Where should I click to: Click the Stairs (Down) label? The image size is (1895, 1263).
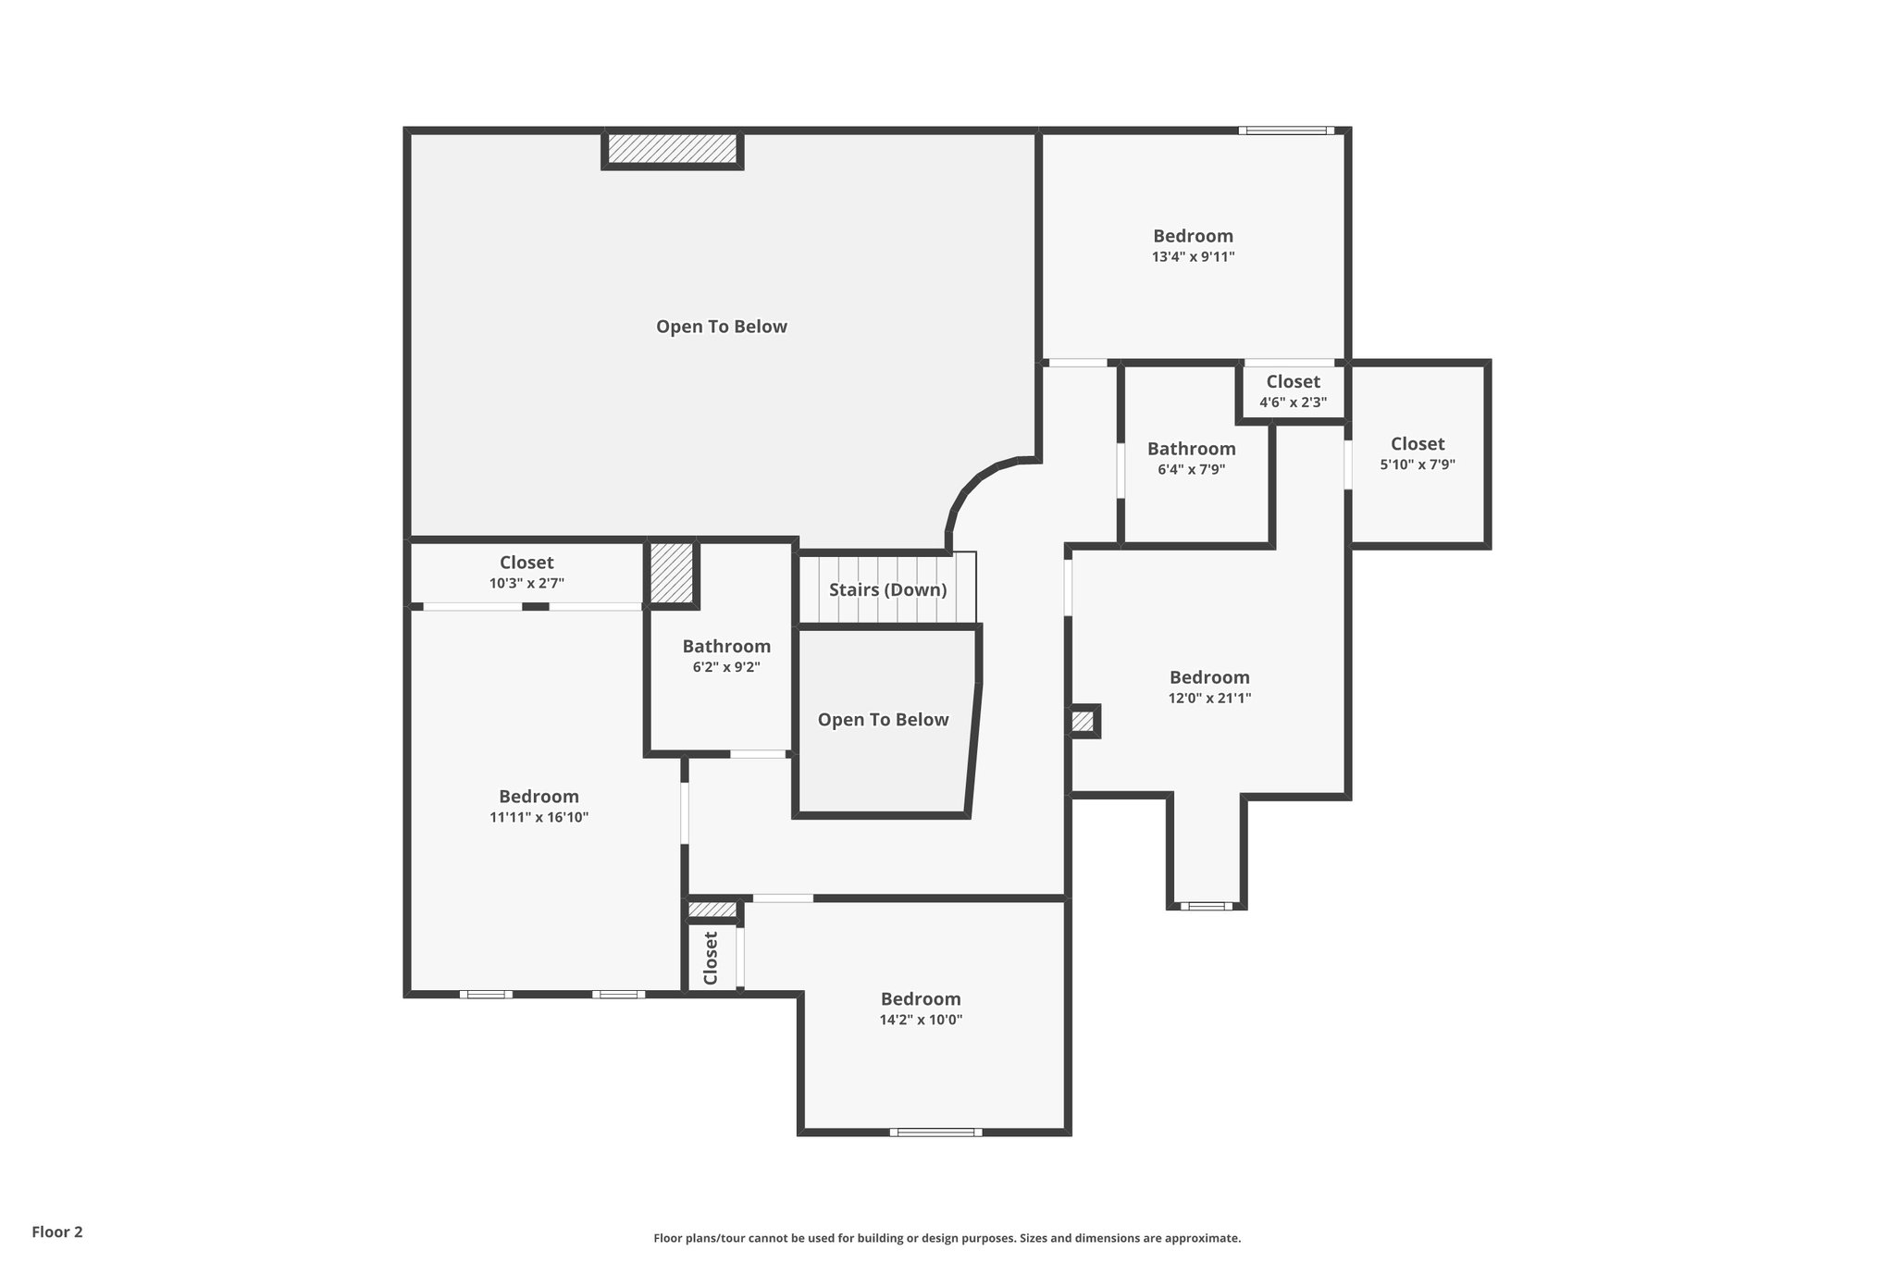(887, 590)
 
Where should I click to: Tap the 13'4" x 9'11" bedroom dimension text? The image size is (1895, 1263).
(1193, 257)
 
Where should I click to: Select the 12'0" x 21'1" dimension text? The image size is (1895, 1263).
(1209, 699)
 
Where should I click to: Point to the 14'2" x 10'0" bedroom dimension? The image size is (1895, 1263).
(921, 1020)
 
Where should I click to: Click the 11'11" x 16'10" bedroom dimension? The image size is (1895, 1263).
(539, 817)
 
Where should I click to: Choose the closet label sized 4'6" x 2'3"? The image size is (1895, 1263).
(1293, 382)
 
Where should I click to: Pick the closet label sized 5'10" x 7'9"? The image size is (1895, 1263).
(1417, 444)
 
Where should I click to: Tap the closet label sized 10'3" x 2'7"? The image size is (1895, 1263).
(526, 563)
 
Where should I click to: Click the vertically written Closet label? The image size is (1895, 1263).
(711, 959)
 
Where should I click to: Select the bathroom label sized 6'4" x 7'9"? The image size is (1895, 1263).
(1191, 450)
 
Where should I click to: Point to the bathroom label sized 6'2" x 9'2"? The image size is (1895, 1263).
(726, 647)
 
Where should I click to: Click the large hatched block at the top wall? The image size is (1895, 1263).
(673, 148)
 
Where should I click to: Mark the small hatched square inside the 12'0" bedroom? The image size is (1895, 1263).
(1083, 721)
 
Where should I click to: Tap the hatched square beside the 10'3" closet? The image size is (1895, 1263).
(671, 573)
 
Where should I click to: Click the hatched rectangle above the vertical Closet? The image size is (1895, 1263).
(712, 910)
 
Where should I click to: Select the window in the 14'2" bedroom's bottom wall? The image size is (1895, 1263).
(935, 1132)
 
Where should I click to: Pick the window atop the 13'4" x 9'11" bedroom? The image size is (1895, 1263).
(1286, 130)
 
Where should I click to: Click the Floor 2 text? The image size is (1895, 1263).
(57, 1232)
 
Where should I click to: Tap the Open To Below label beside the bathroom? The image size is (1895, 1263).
(883, 720)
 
